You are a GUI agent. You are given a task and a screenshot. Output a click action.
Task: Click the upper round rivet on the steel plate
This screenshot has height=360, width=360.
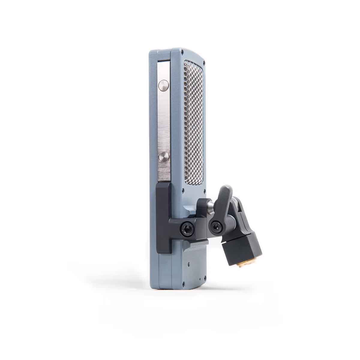pyautogui.click(x=163, y=85)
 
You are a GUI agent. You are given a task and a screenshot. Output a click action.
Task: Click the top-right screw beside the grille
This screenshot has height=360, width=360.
pyautogui.click(x=204, y=63)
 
